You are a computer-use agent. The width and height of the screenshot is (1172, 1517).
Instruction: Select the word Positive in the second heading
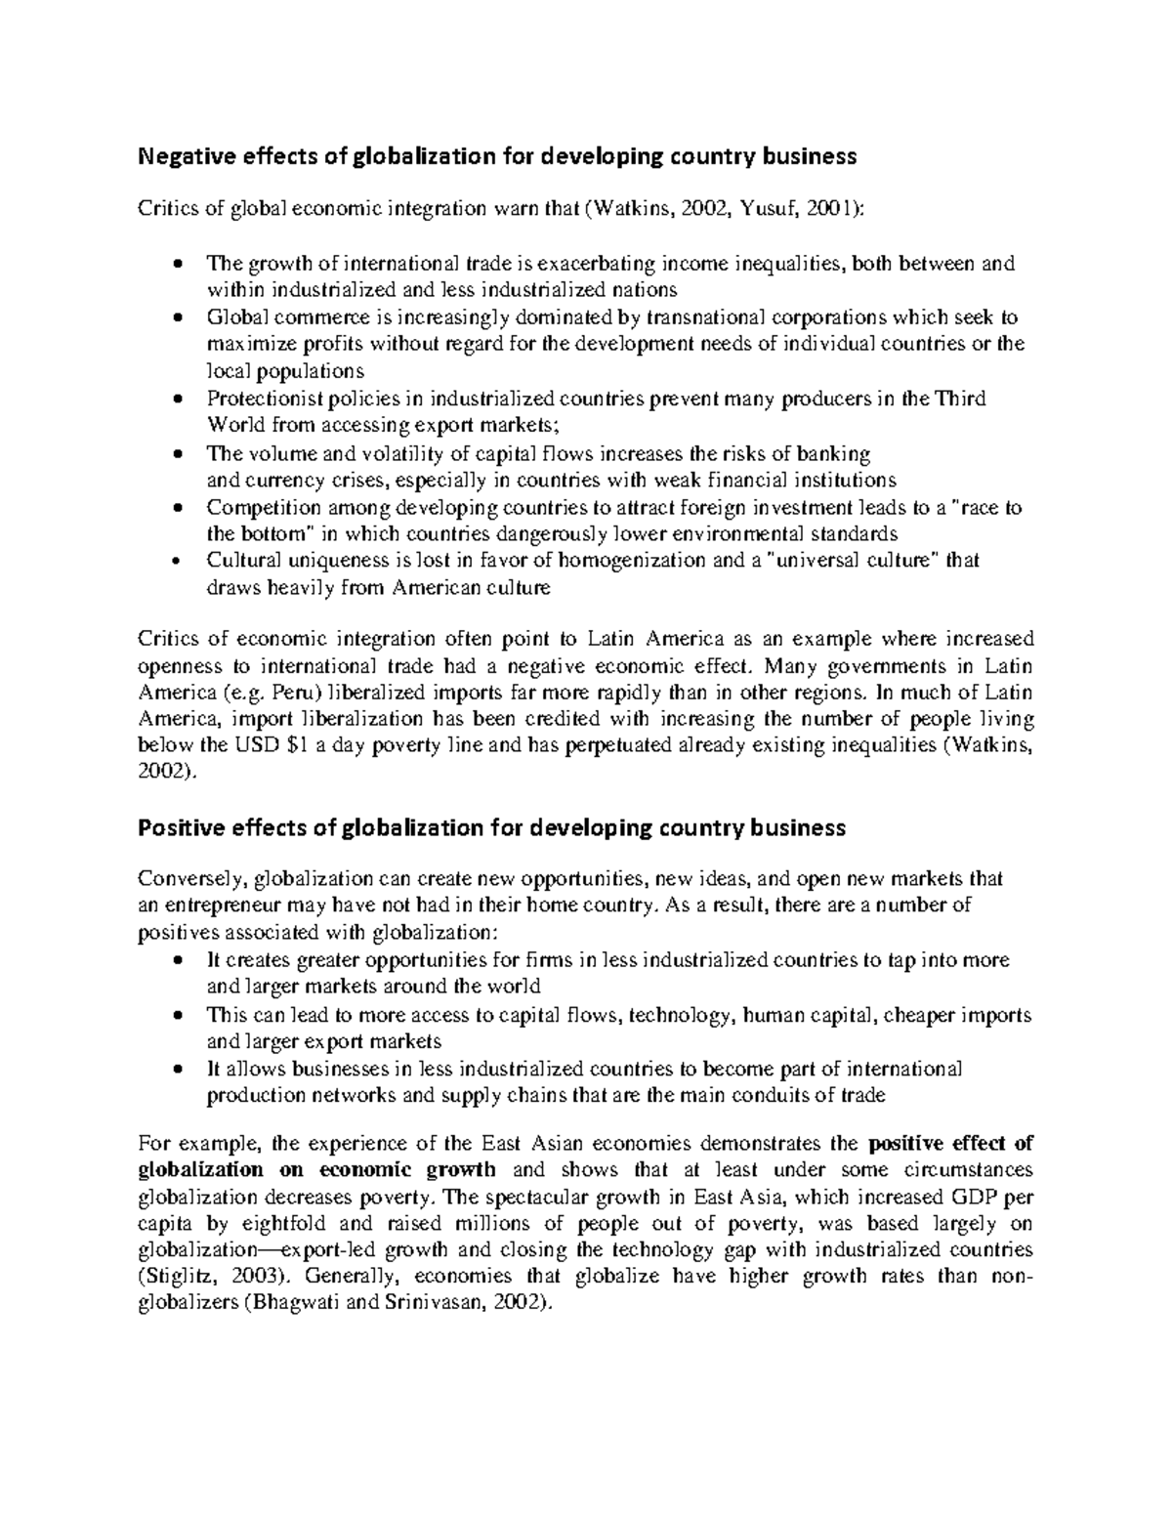[x=176, y=828]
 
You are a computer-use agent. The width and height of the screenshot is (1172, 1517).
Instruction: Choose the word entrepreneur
[x=215, y=906]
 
